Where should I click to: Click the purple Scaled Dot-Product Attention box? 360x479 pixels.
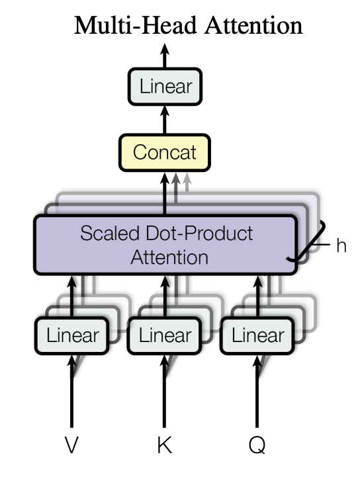point(165,245)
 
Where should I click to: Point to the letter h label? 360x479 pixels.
point(341,246)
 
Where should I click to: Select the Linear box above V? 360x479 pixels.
point(71,335)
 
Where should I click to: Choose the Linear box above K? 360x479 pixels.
point(165,335)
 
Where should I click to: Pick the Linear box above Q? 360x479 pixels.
point(257,335)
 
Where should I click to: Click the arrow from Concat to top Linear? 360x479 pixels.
point(165,121)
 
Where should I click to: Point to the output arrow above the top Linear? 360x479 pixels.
point(165,56)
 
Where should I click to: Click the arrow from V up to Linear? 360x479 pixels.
point(71,390)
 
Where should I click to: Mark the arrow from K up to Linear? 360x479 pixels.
point(165,390)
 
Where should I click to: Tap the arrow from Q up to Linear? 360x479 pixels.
point(257,390)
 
